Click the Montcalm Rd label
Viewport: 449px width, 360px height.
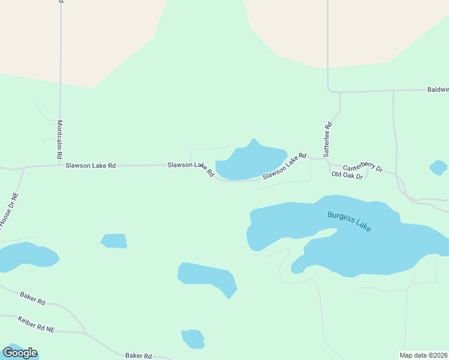click(x=60, y=139)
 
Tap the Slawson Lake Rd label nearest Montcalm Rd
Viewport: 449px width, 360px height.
click(x=91, y=166)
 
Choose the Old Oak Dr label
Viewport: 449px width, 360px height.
click(x=347, y=175)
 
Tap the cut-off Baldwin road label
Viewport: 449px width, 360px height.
click(x=438, y=89)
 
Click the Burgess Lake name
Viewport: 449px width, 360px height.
click(x=349, y=221)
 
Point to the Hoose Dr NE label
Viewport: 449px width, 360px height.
click(x=9, y=211)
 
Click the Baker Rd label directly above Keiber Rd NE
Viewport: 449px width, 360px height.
click(x=32, y=298)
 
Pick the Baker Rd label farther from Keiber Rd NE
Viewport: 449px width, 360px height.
click(x=138, y=356)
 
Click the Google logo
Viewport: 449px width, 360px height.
click(x=20, y=353)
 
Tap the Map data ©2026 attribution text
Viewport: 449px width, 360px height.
click(x=424, y=355)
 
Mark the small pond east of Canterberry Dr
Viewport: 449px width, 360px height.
click(x=438, y=167)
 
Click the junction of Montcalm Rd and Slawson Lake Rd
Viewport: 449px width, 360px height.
click(x=61, y=165)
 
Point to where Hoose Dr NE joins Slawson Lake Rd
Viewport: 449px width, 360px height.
click(x=23, y=169)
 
